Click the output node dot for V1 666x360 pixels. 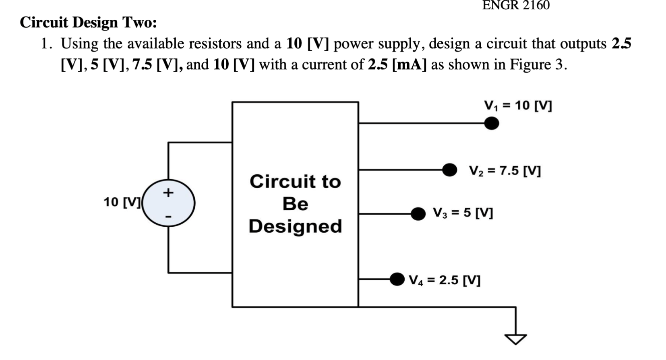[491, 123]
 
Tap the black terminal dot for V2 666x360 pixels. [449, 170]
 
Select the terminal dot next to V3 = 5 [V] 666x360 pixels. [418, 214]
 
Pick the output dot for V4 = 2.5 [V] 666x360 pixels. [397, 279]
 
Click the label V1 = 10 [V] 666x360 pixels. [518, 106]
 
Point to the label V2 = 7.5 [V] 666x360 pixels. [505, 171]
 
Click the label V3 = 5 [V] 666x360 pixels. [463, 213]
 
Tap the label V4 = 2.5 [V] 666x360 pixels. [445, 280]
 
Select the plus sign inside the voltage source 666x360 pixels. [168, 192]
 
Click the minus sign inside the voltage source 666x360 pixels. [169, 217]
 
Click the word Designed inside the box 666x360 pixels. [295, 226]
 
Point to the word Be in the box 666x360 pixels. [295, 204]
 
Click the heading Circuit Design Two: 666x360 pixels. [88, 23]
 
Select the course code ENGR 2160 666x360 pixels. [516, 5]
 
